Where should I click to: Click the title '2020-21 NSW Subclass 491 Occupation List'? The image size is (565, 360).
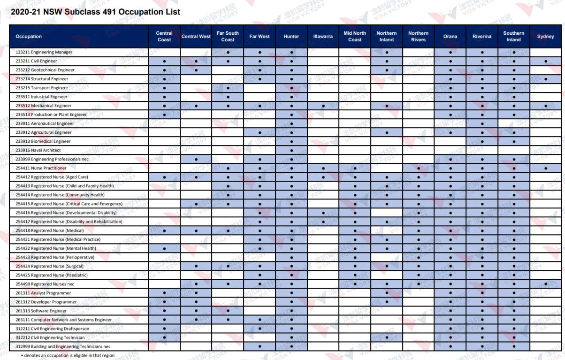tap(95, 12)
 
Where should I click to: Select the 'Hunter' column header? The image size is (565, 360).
tap(291, 36)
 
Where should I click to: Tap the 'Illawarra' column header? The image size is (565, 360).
tap(323, 36)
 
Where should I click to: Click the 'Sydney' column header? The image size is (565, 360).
tap(546, 36)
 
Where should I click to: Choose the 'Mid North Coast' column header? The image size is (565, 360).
tap(355, 36)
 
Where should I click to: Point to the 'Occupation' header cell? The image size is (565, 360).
tap(29, 36)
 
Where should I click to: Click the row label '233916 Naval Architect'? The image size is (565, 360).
tap(38, 150)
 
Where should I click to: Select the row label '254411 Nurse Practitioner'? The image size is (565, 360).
tap(41, 168)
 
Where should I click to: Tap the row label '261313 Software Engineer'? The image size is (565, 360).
tap(41, 311)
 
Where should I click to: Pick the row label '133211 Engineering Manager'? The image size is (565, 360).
tap(44, 52)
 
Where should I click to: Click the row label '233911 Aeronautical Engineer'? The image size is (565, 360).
tap(45, 123)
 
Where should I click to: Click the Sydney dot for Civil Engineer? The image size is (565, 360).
tap(546, 61)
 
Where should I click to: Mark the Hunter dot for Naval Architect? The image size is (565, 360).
tap(291, 150)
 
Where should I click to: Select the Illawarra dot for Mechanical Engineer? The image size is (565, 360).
tap(323, 106)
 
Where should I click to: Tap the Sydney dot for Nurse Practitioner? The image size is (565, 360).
tap(546, 169)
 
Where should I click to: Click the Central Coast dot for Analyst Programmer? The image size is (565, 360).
tap(164, 293)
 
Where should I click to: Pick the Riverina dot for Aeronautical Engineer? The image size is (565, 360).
tap(482, 124)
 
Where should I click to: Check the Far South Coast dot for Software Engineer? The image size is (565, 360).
tap(228, 311)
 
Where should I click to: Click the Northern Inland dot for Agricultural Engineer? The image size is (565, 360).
tap(387, 133)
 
